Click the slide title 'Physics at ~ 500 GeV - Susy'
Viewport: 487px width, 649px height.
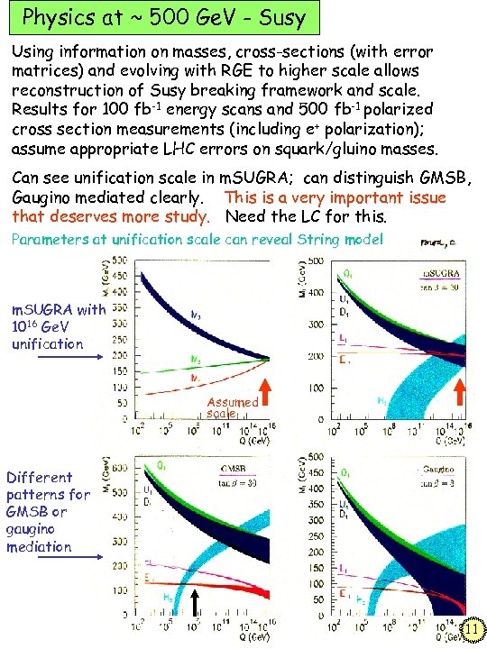point(164,17)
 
